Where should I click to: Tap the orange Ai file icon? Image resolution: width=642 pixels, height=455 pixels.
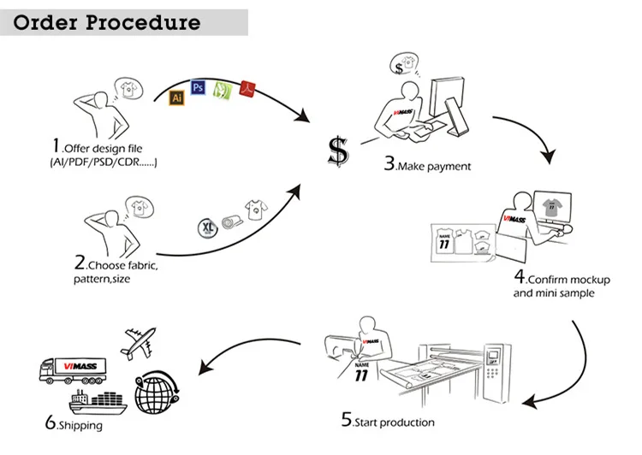pyautogui.click(x=177, y=97)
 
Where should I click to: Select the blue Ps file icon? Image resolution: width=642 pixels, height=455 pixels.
pyautogui.click(x=199, y=86)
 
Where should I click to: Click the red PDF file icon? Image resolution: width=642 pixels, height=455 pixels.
pyautogui.click(x=248, y=85)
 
